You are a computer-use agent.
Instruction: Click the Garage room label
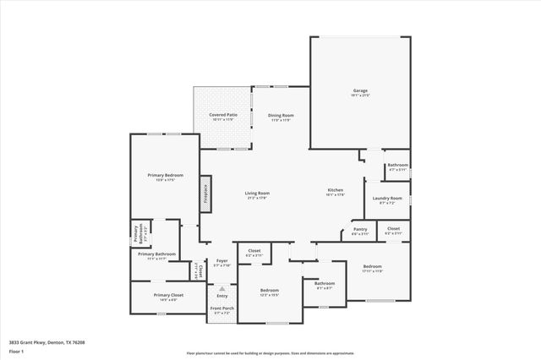[x=360, y=90]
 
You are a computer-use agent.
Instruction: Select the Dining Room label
[x=281, y=115]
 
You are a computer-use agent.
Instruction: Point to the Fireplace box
[x=204, y=194]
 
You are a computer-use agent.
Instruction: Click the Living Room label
[x=257, y=194]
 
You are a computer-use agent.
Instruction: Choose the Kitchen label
[x=336, y=190]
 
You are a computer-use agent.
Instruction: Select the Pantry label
[x=359, y=231]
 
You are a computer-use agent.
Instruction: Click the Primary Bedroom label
[x=160, y=175]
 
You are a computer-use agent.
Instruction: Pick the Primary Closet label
[x=166, y=295]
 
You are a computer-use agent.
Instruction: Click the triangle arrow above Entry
[x=222, y=287]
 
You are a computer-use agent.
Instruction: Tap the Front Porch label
[x=222, y=309]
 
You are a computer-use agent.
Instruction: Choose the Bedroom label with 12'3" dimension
[x=269, y=291]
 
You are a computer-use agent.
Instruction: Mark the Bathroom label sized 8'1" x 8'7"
[x=325, y=284]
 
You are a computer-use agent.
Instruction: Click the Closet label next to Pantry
[x=393, y=229]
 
